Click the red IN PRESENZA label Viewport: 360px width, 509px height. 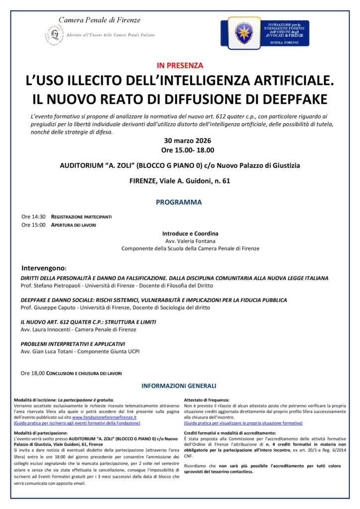tap(180, 65)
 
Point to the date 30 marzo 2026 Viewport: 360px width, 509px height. tap(180, 140)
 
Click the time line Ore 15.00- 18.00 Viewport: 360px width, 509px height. tap(180, 150)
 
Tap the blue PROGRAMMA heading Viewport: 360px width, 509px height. tap(179, 202)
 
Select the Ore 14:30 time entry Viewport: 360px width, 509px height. tap(33, 217)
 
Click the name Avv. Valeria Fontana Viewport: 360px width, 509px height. tap(190, 241)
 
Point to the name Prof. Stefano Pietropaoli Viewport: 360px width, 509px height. tap(51, 286)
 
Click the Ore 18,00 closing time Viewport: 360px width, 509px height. tap(33, 373)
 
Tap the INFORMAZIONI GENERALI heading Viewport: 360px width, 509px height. tap(179, 386)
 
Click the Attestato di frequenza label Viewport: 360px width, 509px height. tap(206, 400)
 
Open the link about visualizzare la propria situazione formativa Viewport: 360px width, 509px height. tap(243, 423)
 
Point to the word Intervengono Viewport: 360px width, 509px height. tap(43, 268)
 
